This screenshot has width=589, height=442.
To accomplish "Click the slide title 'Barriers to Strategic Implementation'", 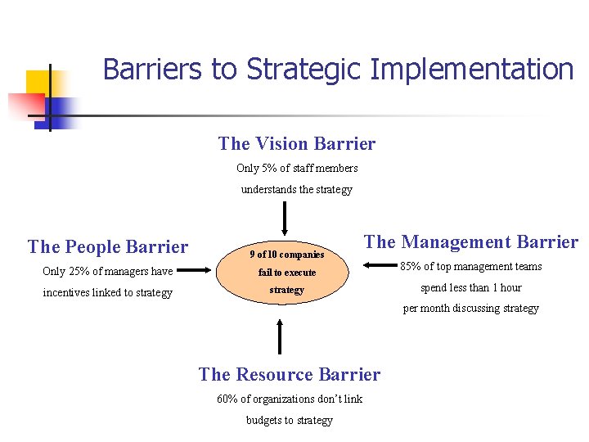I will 338,70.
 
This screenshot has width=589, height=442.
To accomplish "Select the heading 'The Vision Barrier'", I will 297,144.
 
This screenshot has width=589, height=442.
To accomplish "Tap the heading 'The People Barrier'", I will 108,247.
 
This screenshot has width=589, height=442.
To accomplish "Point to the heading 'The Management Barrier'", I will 470,241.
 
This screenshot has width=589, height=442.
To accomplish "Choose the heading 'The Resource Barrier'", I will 290,375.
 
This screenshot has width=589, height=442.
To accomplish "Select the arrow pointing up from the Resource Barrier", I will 281,336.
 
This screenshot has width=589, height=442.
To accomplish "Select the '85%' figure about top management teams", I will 411,266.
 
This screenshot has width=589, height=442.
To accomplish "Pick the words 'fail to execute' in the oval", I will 286,273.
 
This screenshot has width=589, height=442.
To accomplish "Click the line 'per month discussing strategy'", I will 470,309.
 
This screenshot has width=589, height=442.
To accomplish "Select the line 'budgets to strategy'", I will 290,421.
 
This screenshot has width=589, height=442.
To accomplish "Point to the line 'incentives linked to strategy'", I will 107,293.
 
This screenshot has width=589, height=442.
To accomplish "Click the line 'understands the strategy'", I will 296,190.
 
